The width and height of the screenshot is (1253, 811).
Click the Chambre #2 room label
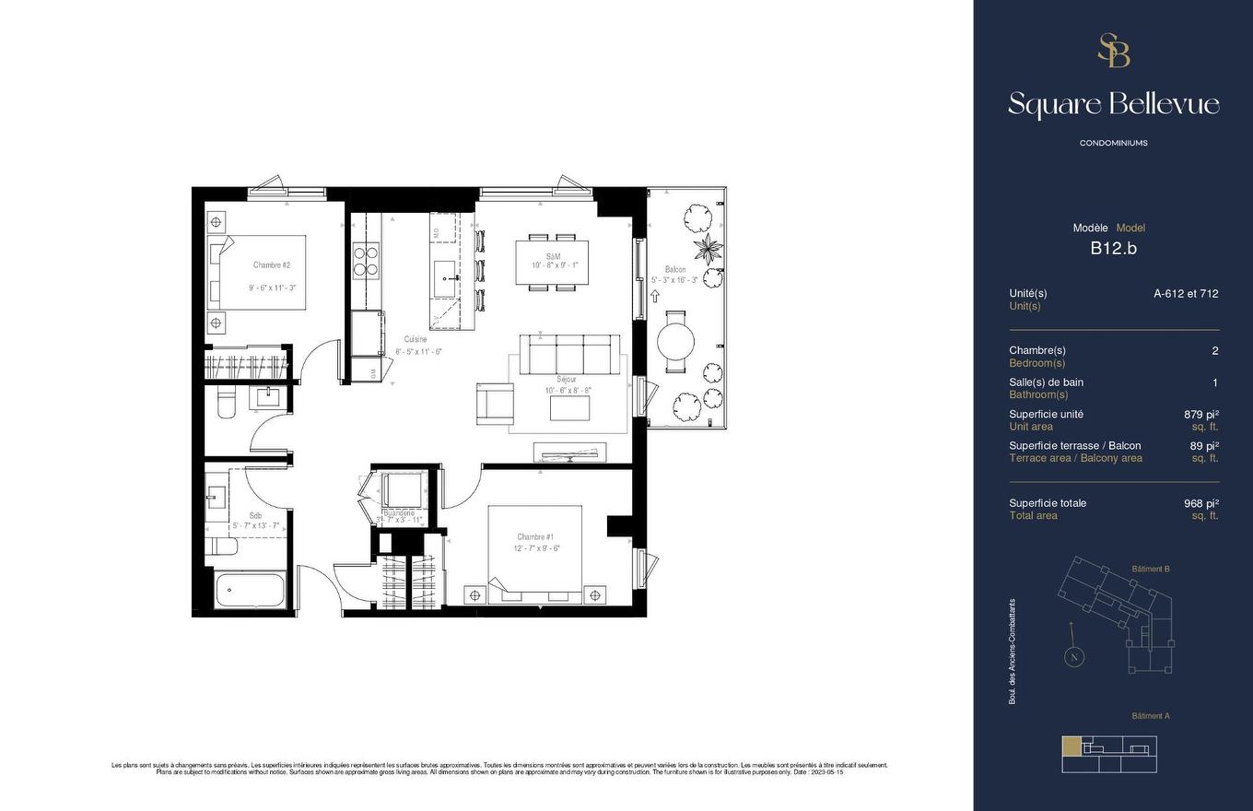pyautogui.click(x=272, y=265)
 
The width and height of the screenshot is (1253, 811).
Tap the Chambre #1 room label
pyautogui.click(x=535, y=537)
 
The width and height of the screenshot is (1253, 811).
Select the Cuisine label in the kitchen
pyautogui.click(x=416, y=340)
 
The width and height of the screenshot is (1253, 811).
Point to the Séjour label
pyautogui.click(x=567, y=380)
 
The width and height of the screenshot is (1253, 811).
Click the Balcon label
pyautogui.click(x=675, y=270)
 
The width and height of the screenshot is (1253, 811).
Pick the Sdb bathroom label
pyautogui.click(x=255, y=516)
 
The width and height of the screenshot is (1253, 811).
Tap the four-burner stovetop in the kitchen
pyautogui.click(x=366, y=261)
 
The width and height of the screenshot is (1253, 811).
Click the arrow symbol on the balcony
pyautogui.click(x=655, y=296)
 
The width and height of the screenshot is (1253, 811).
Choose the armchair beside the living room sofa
pyautogui.click(x=495, y=404)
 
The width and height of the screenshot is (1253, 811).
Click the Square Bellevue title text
pyautogui.click(x=1113, y=104)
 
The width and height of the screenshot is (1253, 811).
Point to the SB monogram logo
pyautogui.click(x=1113, y=51)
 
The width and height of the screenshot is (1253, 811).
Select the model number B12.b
pyautogui.click(x=1113, y=248)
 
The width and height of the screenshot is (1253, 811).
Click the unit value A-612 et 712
pyautogui.click(x=1185, y=294)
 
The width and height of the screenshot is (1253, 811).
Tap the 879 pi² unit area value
pyautogui.click(x=1200, y=415)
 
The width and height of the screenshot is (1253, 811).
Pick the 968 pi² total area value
pyautogui.click(x=1200, y=503)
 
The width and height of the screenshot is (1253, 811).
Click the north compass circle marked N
pyautogui.click(x=1073, y=657)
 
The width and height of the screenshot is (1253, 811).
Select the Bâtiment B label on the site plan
pyautogui.click(x=1150, y=570)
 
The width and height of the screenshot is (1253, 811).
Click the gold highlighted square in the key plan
pyautogui.click(x=1071, y=746)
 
